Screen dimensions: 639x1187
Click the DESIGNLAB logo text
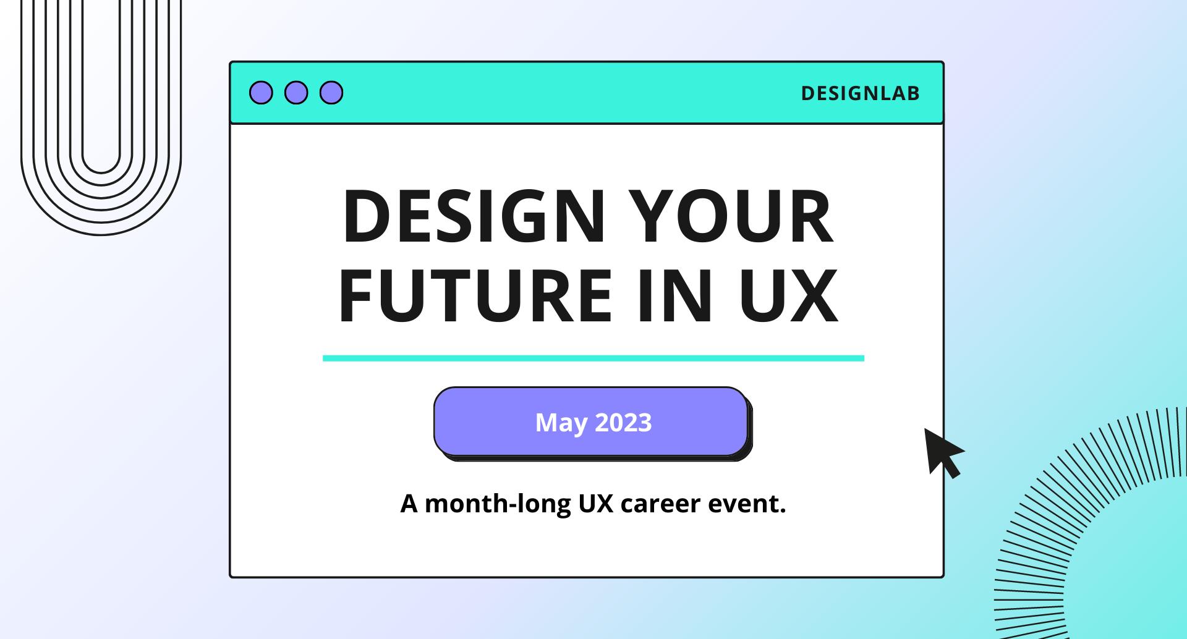pos(860,93)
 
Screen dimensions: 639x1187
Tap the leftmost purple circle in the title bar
pos(261,93)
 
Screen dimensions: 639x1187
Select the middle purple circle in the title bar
pos(296,93)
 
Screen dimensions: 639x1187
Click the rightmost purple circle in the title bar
pos(331,93)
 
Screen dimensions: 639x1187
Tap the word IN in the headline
pos(674,296)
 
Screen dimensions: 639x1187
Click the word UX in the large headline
pos(788,296)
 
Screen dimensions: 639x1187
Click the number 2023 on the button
pos(623,423)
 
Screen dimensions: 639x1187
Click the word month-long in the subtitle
pos(498,504)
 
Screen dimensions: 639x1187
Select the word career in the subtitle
pos(660,504)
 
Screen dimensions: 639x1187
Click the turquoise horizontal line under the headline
pos(593,358)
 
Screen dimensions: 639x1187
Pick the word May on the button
pos(561,423)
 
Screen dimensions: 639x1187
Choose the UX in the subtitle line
pos(595,504)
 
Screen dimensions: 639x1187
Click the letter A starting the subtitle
pos(409,504)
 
